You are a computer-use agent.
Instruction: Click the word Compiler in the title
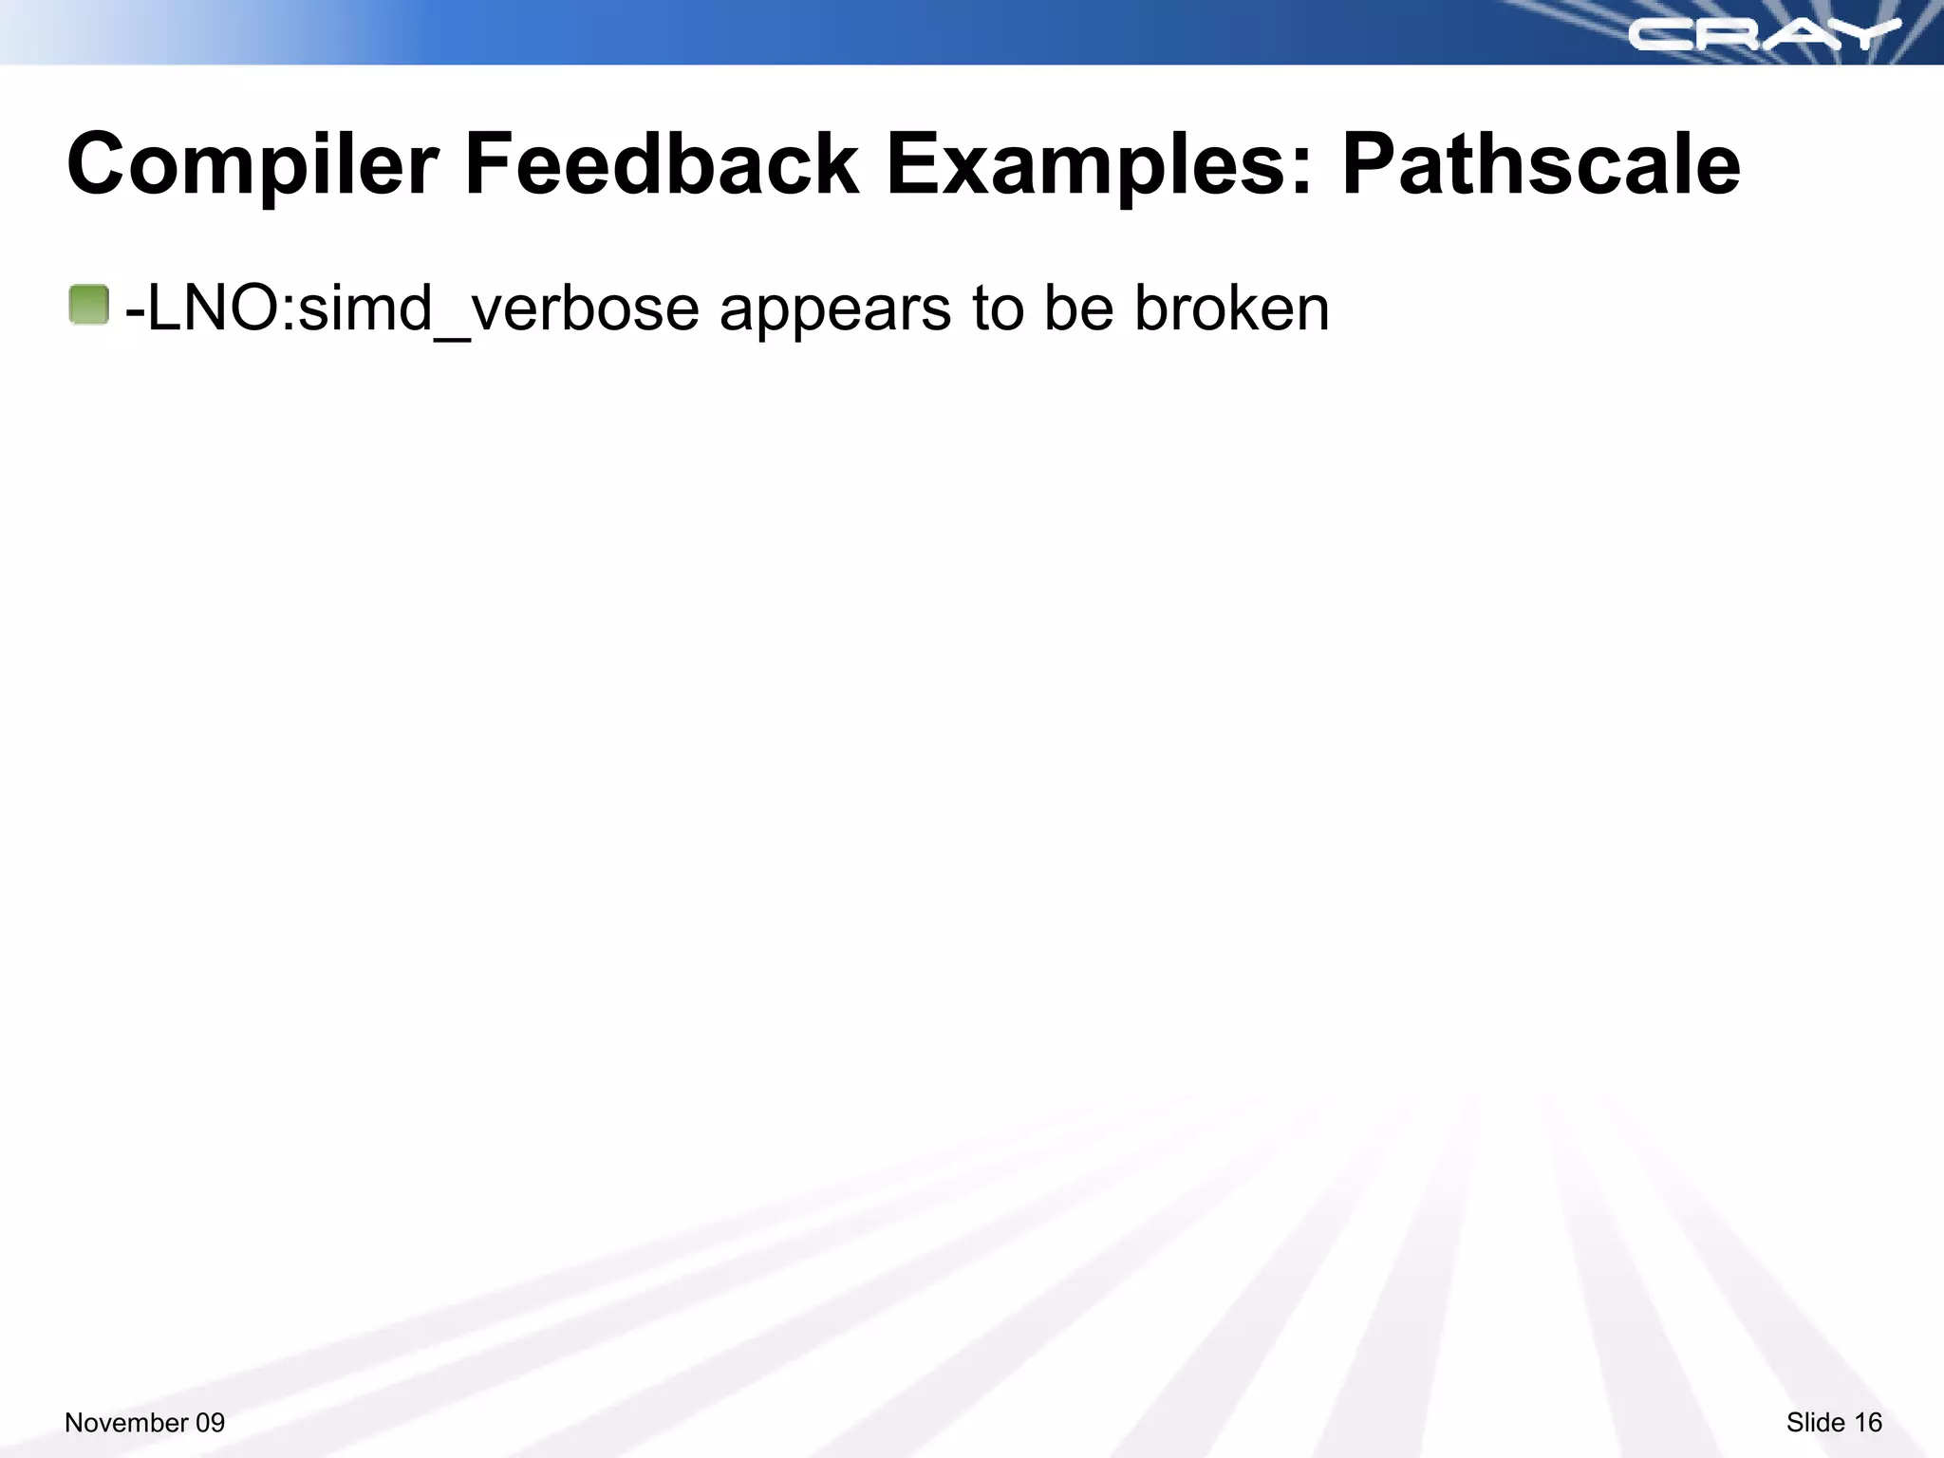(x=252, y=166)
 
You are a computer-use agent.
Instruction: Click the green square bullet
(x=89, y=306)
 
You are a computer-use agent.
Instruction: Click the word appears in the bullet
(x=835, y=310)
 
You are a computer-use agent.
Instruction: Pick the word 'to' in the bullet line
(x=998, y=308)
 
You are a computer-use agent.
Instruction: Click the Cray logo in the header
(x=1764, y=35)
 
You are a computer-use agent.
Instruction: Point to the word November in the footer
(x=126, y=1422)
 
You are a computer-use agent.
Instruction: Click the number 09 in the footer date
(x=210, y=1422)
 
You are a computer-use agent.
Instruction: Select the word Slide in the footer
(x=1815, y=1422)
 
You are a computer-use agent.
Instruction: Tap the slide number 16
(x=1868, y=1422)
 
